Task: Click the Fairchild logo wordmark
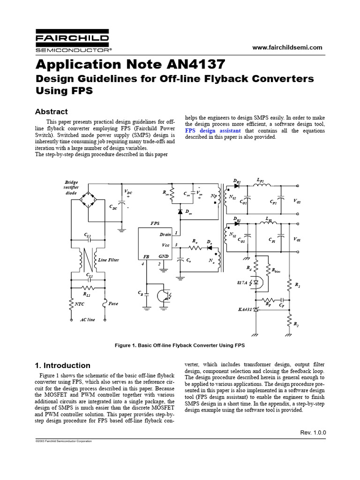coord(72,38)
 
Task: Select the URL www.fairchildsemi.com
coord(287,48)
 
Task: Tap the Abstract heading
coord(52,112)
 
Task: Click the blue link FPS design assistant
coord(213,130)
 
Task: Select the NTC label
coord(80,304)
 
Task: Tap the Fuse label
coord(113,304)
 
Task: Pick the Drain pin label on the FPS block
coord(165,234)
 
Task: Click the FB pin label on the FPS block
coord(146,257)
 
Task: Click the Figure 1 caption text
coord(180,345)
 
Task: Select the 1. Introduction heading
coord(63,366)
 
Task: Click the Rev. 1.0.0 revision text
coord(313,432)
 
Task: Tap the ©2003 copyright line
coord(64,442)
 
